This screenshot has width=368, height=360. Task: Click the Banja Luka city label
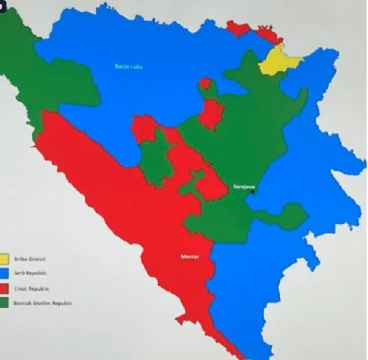pyautogui.click(x=128, y=66)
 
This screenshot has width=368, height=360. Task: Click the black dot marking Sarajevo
pyautogui.click(x=253, y=191)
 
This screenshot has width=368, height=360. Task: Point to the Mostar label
pyautogui.click(x=190, y=257)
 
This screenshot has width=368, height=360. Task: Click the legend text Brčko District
pyautogui.click(x=30, y=259)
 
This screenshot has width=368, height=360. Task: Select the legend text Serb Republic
pyautogui.click(x=30, y=273)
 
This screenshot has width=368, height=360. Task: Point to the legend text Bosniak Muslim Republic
pyautogui.click(x=42, y=303)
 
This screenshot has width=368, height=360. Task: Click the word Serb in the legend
pyautogui.click(x=19, y=273)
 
